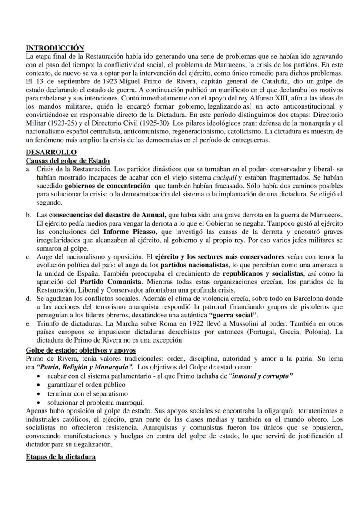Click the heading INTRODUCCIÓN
[x=55, y=48]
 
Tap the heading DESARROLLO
[x=51, y=152]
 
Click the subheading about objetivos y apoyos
[x=80, y=350]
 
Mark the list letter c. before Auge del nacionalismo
[x=28, y=257]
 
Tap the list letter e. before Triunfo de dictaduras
[x=28, y=324]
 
